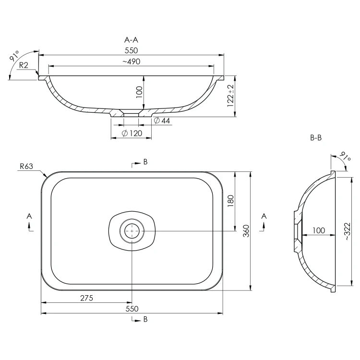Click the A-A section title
[x=131, y=40]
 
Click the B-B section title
[x=316, y=138]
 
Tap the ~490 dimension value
[x=132, y=61]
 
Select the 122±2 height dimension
[x=230, y=96]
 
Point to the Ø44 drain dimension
[x=162, y=120]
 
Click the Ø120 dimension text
[x=132, y=133]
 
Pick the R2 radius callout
[x=24, y=65]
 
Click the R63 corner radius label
[x=26, y=166]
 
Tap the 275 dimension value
[x=86, y=298]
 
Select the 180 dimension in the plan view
[x=231, y=201]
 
